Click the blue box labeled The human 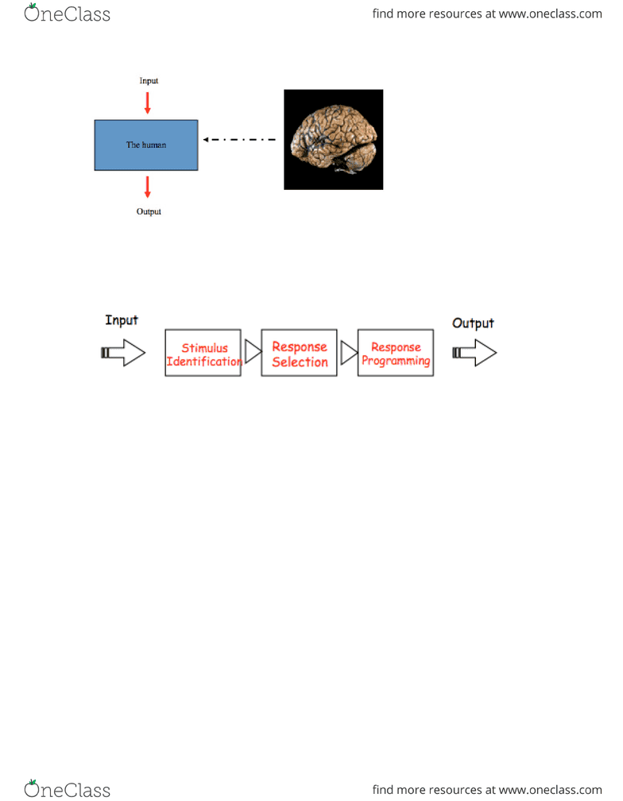click(x=146, y=145)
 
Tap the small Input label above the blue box click(x=149, y=81)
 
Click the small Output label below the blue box click(x=149, y=211)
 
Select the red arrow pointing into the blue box click(x=148, y=103)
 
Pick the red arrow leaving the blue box click(x=148, y=187)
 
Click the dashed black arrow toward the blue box click(x=239, y=140)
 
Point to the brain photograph click(x=334, y=140)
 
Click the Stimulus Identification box click(x=203, y=353)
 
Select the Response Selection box click(x=300, y=353)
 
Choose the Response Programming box click(x=396, y=353)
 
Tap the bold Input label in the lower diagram click(x=122, y=320)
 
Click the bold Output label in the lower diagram click(x=473, y=323)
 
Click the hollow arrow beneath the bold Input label click(x=123, y=353)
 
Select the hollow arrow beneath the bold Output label click(x=474, y=353)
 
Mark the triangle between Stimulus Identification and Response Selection click(x=251, y=352)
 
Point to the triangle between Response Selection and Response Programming click(x=348, y=353)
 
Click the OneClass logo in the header click(x=67, y=14)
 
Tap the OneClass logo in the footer click(x=67, y=789)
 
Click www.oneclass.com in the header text click(x=551, y=14)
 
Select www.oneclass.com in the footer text click(x=551, y=790)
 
